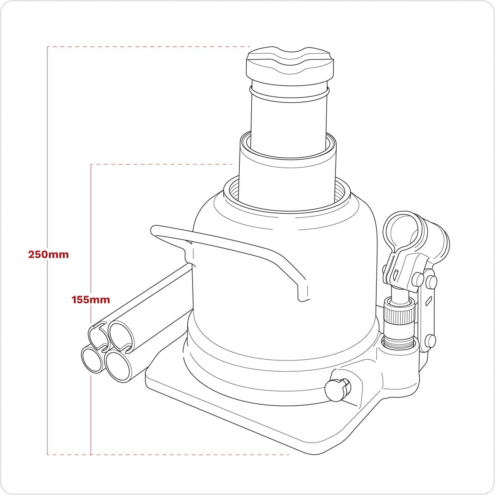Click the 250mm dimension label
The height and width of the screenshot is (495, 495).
pyautogui.click(x=48, y=254)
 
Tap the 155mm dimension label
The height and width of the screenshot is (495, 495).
pyautogui.click(x=91, y=299)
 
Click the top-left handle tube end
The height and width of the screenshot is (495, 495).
pyautogui.click(x=99, y=332)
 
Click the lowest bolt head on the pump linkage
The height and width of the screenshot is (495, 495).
pyautogui.click(x=431, y=341)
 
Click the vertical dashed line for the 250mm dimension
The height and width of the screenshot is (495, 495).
pyautogui.click(x=48, y=351)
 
